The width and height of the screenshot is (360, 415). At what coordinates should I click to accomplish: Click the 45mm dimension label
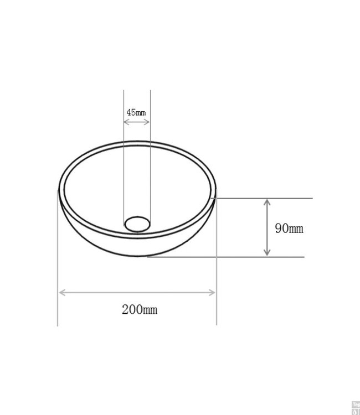click(x=136, y=112)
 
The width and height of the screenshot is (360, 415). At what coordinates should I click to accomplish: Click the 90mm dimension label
click(x=289, y=228)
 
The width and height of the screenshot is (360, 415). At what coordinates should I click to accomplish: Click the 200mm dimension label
click(x=140, y=309)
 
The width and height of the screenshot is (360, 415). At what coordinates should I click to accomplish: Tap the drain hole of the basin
click(x=137, y=224)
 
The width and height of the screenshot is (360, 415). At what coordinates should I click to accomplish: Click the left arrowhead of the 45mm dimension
click(x=125, y=121)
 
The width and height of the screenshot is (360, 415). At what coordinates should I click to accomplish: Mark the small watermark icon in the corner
click(x=355, y=407)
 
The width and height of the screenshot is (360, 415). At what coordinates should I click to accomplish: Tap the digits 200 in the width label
click(x=131, y=309)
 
